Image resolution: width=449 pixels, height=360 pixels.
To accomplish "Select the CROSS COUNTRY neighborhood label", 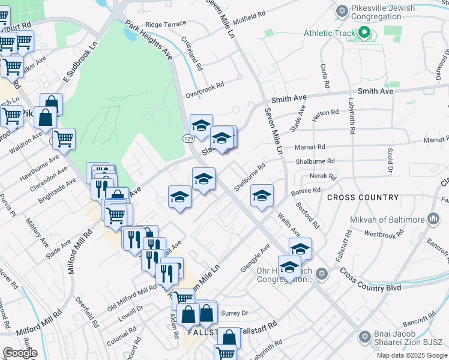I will pos(363,197).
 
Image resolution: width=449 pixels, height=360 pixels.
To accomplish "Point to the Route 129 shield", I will pos(188,139).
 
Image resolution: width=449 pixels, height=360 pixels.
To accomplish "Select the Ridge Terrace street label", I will pos(166,25).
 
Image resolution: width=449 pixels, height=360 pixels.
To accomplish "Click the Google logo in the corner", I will pos(19,352).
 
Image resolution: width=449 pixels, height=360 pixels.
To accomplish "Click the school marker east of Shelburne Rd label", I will pos(262,196).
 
